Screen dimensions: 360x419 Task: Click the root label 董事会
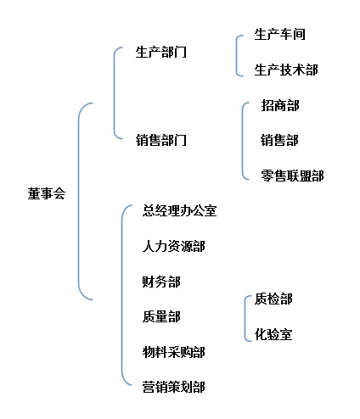click(x=47, y=193)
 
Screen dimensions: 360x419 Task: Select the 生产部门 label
click(x=161, y=53)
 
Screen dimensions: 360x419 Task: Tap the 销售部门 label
click(x=161, y=140)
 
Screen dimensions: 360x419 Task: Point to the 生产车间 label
click(x=279, y=34)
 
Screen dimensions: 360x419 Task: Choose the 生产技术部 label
click(x=286, y=70)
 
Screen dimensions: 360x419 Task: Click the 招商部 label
click(x=280, y=105)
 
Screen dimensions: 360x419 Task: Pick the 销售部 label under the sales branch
click(x=279, y=140)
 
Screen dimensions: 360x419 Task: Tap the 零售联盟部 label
click(x=292, y=176)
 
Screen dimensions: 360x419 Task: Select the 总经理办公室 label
click(x=179, y=211)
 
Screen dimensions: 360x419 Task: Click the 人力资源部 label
click(x=174, y=246)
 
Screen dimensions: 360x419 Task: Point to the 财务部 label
click(x=161, y=282)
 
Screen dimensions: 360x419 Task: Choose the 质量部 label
click(x=161, y=316)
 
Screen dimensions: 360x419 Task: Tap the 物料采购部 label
click(x=174, y=352)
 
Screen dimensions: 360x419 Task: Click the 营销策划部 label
click(x=174, y=387)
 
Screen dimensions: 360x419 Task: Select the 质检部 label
click(x=273, y=299)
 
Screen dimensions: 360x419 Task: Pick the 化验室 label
click(x=273, y=334)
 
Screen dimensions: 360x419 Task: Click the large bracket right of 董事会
click(x=79, y=201)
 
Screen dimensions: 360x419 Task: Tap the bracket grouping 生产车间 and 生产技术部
click(x=236, y=56)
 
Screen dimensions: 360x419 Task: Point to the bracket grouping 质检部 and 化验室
click(x=245, y=319)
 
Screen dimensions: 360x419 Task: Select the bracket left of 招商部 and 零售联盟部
click(x=242, y=141)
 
